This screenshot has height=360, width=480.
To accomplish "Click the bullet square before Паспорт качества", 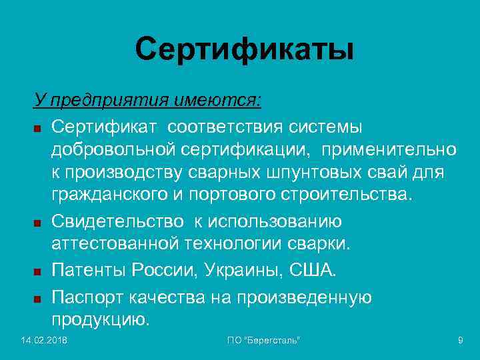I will (x=38, y=297).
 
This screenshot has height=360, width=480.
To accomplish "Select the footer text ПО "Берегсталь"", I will (x=263, y=341).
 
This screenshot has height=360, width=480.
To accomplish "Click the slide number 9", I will (x=460, y=341).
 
